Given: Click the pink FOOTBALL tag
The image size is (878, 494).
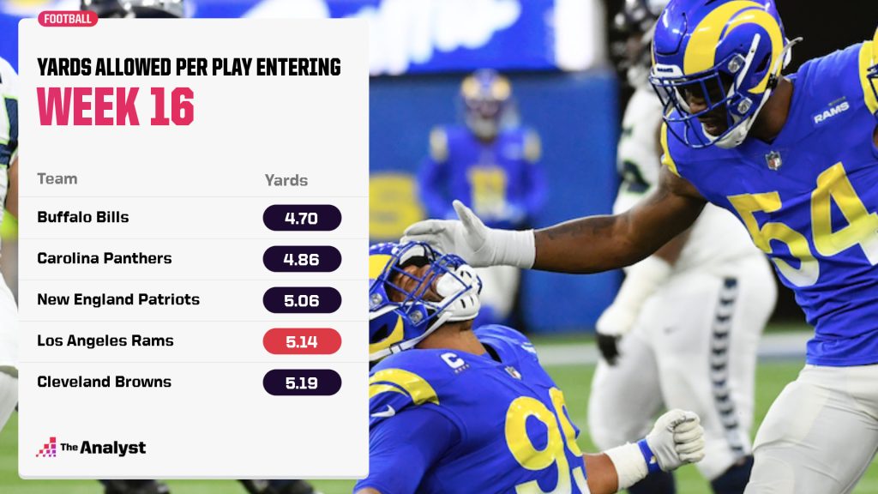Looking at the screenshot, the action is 68,19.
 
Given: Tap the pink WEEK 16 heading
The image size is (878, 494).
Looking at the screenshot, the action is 116,106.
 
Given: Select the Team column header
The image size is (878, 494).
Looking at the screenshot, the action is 57,178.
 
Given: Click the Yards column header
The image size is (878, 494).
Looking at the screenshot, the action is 286,180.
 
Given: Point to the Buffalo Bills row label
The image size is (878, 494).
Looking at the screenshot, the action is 83,217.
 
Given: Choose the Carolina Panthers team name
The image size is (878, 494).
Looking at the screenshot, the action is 104,258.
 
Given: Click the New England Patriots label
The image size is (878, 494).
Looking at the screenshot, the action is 118,299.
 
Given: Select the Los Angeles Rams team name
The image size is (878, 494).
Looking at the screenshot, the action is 105,340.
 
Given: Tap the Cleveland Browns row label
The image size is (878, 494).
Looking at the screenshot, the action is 104,382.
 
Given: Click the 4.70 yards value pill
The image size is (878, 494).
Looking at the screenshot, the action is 302,218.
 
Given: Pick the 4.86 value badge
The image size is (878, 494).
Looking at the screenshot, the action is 302,259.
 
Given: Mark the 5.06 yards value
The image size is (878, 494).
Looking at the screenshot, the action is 302,300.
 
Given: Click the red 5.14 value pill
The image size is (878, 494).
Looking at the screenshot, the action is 302,341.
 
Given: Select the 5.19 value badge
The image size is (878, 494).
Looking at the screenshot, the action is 302,383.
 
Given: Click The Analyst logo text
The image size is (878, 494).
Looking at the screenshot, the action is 103,448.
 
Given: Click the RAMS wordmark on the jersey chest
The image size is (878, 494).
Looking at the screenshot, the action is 831,112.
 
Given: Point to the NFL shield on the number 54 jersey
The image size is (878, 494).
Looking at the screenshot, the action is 773,160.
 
